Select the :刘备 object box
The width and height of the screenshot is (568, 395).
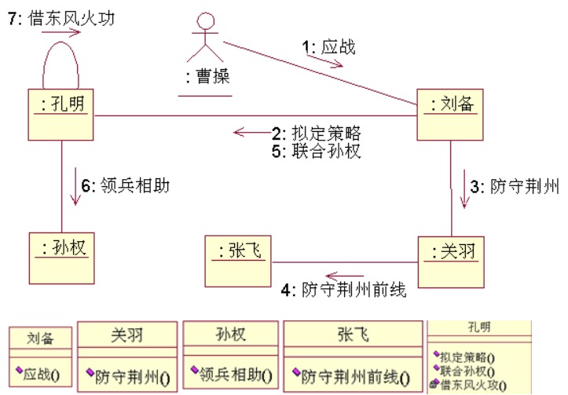pos(449,114)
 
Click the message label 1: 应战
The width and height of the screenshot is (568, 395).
pos(329,47)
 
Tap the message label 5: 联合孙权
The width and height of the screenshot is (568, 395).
pos(317,151)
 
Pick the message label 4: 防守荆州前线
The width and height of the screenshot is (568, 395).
pos(343,290)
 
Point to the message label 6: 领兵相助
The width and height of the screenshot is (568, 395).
pos(126,186)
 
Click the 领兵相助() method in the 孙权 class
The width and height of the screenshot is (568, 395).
pos(232,375)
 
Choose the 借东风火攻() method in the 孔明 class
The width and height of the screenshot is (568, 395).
pos(471,384)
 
